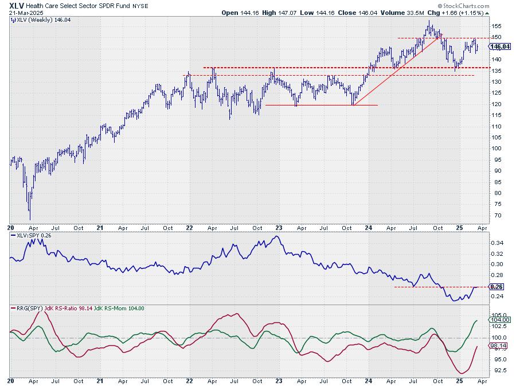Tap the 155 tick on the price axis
tap(496, 26)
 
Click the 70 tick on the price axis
tap(495, 216)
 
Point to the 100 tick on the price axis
tap(496, 149)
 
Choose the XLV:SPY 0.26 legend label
tap(29, 235)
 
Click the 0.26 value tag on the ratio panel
tap(497, 286)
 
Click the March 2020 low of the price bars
tap(29, 219)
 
